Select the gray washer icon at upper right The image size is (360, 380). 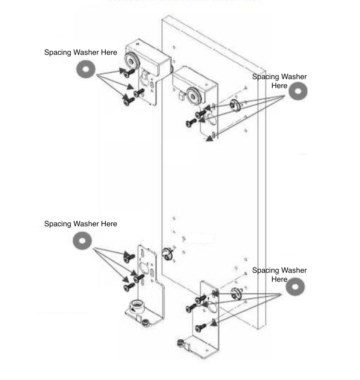click(x=298, y=91)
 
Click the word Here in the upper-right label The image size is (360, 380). click(x=279, y=86)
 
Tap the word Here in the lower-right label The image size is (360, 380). click(x=279, y=279)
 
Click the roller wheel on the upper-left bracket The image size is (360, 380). click(x=131, y=60)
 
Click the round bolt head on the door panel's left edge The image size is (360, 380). click(x=167, y=252)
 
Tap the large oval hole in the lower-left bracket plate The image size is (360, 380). click(x=144, y=264)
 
